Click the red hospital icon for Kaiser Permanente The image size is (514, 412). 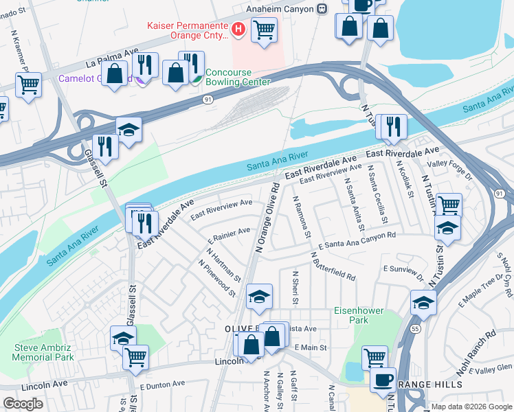(x=238, y=29)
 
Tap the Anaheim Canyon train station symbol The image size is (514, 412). (x=321, y=9)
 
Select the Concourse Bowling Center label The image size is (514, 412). (x=238, y=77)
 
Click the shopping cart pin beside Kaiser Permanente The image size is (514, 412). (x=264, y=30)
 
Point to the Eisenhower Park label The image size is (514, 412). (x=359, y=315)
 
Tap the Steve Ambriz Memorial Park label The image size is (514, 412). (x=44, y=352)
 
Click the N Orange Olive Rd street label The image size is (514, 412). (x=267, y=218)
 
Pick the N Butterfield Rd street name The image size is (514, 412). (x=333, y=266)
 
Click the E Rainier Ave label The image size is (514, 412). (x=230, y=237)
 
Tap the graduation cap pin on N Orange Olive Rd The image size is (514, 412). (x=259, y=297)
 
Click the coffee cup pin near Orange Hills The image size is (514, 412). (x=383, y=380)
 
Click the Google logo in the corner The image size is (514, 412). (x=23, y=404)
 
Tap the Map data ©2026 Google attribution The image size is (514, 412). (x=471, y=407)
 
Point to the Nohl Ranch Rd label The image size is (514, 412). (x=478, y=350)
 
